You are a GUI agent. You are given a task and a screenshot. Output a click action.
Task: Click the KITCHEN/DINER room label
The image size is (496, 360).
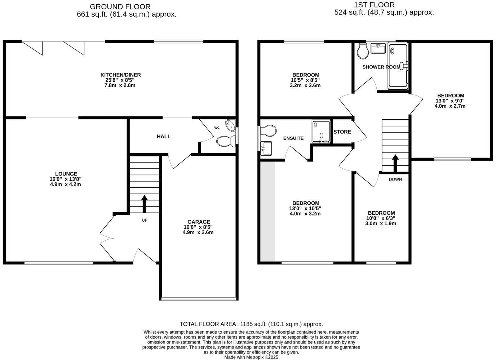point(120,75)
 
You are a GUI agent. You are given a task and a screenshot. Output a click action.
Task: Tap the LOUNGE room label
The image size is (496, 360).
point(66,174)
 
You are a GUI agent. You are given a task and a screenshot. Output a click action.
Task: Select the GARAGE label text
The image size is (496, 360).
point(198,222)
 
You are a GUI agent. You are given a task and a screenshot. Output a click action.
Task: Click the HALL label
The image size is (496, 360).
point(164,137)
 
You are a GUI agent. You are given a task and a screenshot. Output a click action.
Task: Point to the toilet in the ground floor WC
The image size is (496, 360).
point(225,141)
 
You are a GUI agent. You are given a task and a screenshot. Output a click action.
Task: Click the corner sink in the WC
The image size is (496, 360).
point(230,125)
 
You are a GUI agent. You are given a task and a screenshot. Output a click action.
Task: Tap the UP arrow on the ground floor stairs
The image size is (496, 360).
point(145,204)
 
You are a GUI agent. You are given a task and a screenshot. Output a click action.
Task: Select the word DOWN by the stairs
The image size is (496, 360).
point(395,179)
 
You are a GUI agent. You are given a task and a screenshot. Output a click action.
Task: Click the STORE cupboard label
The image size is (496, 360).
point(342,132)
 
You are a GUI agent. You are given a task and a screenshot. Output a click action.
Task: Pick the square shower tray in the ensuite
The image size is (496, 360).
point(321,131)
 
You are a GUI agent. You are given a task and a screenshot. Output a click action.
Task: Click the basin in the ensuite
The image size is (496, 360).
point(266,148)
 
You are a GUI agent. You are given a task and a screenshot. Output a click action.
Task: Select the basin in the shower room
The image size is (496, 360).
point(378,48)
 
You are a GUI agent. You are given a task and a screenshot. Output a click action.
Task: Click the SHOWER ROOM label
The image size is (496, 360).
point(381,67)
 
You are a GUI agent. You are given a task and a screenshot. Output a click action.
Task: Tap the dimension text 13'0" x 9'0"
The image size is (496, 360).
point(450,101)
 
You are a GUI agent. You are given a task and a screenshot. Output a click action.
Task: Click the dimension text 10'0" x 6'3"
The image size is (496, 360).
point(381,218)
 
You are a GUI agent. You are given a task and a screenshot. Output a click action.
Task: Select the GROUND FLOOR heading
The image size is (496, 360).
point(120,6)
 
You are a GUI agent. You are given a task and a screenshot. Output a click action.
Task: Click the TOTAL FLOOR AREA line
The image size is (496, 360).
point(251,324)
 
